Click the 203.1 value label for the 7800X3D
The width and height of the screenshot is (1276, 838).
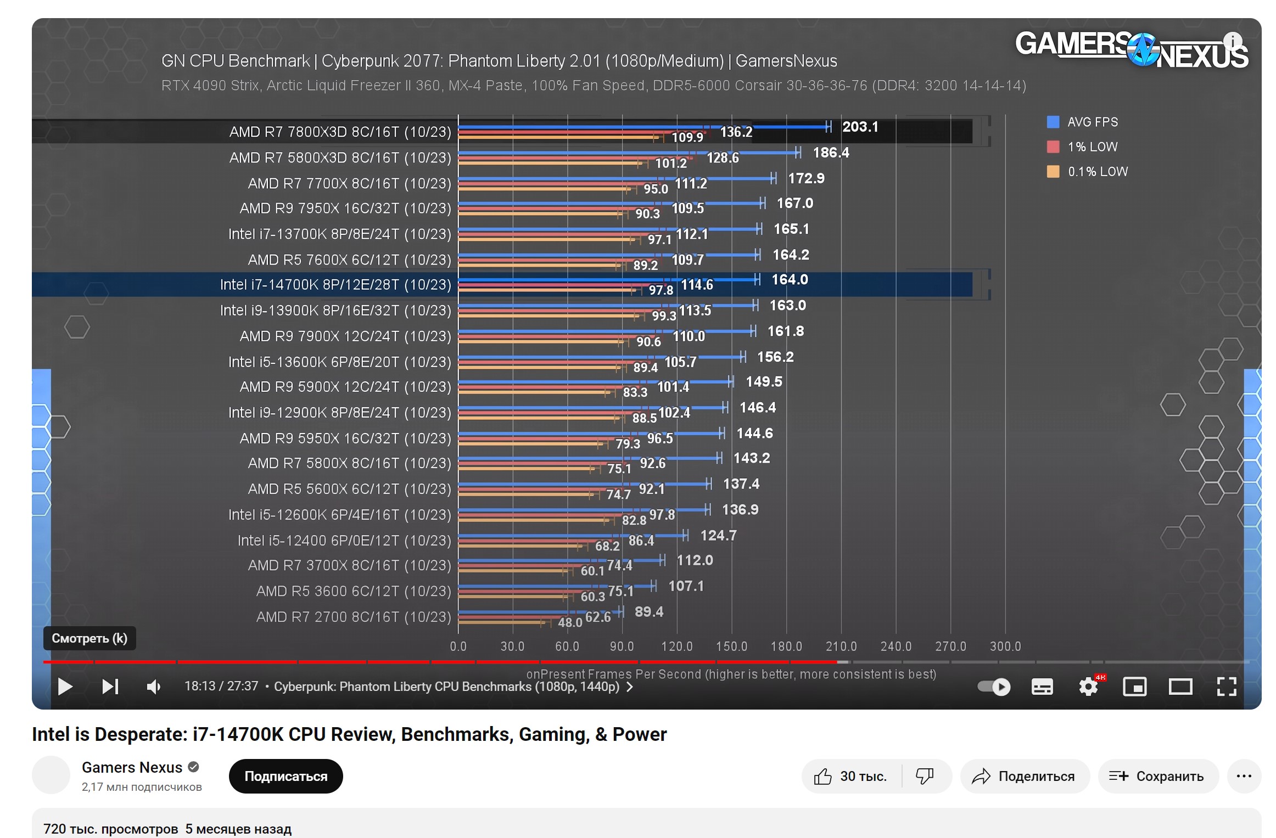pyautogui.click(x=860, y=127)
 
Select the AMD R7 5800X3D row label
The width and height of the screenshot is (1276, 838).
pyautogui.click(x=340, y=158)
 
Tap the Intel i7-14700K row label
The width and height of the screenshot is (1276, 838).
pyautogui.click(x=335, y=285)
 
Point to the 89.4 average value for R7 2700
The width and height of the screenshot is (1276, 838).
pyautogui.click(x=648, y=612)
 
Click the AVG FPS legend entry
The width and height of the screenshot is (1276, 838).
pyautogui.click(x=1092, y=122)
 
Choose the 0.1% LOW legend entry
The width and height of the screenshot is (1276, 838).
pyautogui.click(x=1097, y=172)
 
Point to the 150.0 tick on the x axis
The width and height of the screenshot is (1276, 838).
pyautogui.click(x=731, y=646)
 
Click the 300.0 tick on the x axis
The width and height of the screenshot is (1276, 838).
pyautogui.click(x=1005, y=646)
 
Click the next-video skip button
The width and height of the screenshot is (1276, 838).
pyautogui.click(x=110, y=687)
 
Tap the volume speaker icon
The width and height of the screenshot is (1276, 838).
pyautogui.click(x=154, y=687)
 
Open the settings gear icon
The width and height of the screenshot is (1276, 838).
pyautogui.click(x=1088, y=687)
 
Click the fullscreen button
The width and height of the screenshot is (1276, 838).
pyautogui.click(x=1227, y=687)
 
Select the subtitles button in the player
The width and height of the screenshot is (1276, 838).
pyautogui.click(x=1042, y=687)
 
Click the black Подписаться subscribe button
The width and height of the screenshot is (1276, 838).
pyautogui.click(x=286, y=776)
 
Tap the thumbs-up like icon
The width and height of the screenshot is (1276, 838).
pyautogui.click(x=823, y=777)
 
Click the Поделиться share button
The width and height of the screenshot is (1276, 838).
pyautogui.click(x=1025, y=777)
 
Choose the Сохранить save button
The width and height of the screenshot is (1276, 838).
pyautogui.click(x=1158, y=777)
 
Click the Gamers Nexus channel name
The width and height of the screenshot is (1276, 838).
pyautogui.click(x=132, y=767)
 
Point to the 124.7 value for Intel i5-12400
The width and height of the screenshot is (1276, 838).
pyautogui.click(x=718, y=536)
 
